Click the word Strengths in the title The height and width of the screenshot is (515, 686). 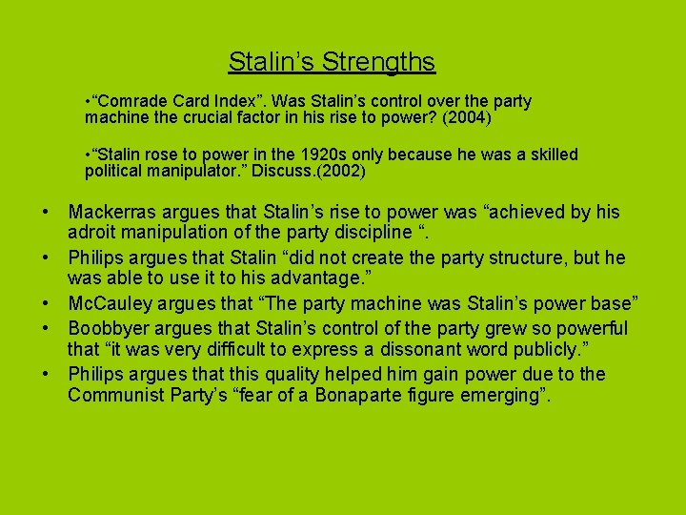click(x=378, y=62)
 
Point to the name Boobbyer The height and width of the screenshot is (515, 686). click(x=110, y=328)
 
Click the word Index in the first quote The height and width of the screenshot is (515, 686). click(x=230, y=100)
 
